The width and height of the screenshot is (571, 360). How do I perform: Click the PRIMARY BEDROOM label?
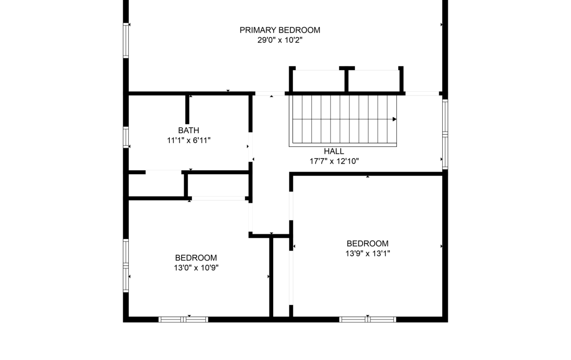(x=280, y=30)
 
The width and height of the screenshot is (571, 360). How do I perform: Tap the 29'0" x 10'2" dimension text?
(x=280, y=40)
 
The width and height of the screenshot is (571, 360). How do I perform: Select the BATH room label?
(x=189, y=130)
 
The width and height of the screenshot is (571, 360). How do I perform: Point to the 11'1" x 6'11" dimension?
(x=189, y=140)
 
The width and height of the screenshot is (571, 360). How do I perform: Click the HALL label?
(x=334, y=151)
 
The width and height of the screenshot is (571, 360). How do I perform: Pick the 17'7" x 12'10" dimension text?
(x=334, y=161)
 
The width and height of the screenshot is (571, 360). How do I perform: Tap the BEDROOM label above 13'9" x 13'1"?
(x=367, y=243)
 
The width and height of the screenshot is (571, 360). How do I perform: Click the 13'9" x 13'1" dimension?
(x=367, y=253)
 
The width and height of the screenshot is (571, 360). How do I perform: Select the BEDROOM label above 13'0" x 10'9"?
(x=196, y=258)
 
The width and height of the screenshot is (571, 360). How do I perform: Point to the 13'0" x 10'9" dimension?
(x=196, y=268)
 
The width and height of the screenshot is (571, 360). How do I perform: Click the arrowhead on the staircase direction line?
(x=394, y=119)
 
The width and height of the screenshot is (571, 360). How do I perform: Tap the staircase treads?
(x=343, y=120)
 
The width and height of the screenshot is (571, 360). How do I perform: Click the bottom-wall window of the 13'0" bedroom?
(x=183, y=320)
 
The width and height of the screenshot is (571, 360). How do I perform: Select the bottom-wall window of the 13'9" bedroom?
(x=367, y=320)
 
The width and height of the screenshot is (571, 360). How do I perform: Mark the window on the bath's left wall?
(x=126, y=137)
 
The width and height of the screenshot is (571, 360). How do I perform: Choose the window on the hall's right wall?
(x=445, y=134)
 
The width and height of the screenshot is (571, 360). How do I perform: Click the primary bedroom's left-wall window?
(x=126, y=40)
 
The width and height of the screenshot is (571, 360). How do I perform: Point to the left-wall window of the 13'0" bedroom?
(x=126, y=265)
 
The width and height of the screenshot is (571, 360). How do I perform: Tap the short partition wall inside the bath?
(x=187, y=109)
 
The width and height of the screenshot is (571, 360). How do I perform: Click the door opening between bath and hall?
(x=250, y=147)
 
